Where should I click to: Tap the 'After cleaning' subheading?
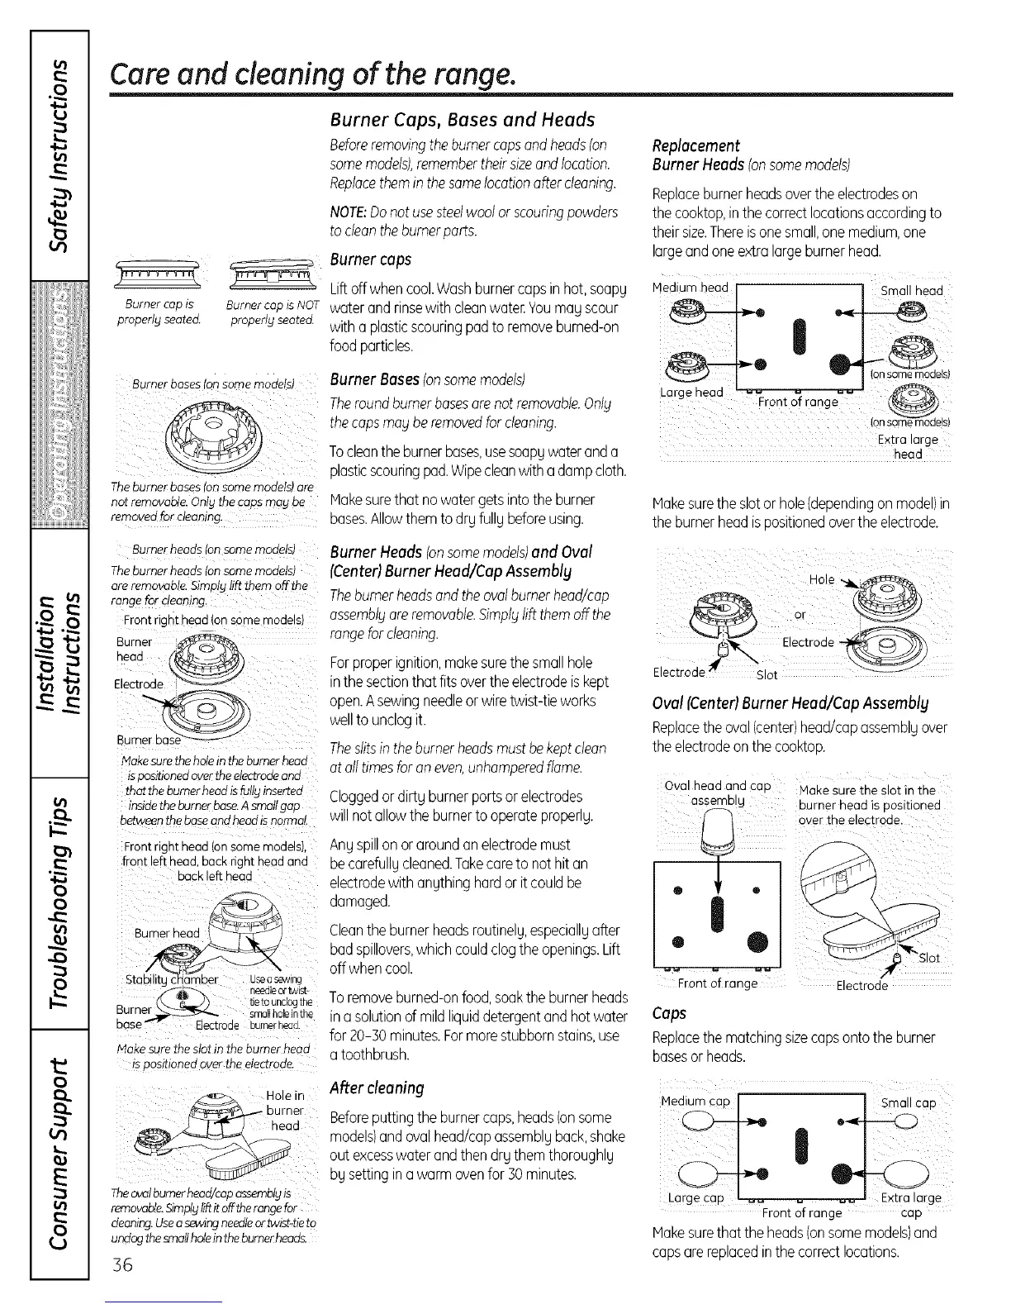click(x=377, y=1087)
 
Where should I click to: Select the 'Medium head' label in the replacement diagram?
click(x=690, y=288)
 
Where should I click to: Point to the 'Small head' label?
click(x=911, y=290)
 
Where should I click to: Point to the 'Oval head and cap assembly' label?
click(x=717, y=793)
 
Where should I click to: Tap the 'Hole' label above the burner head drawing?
click(x=822, y=579)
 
